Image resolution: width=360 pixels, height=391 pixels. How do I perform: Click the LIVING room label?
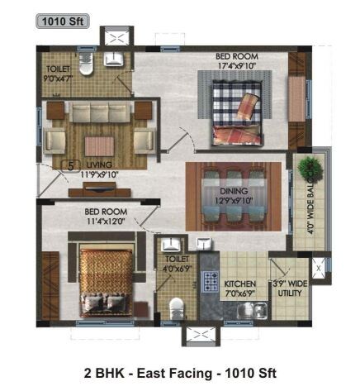pos(98,165)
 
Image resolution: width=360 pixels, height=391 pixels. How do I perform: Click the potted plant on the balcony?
pos(311,168)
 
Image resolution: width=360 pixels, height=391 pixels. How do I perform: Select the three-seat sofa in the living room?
pos(98,112)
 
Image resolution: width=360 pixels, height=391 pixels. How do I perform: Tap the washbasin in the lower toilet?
pos(172,245)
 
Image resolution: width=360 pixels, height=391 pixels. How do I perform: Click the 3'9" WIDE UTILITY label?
pos(291,287)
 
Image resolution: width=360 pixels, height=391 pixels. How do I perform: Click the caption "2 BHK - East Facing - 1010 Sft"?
pos(179,373)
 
